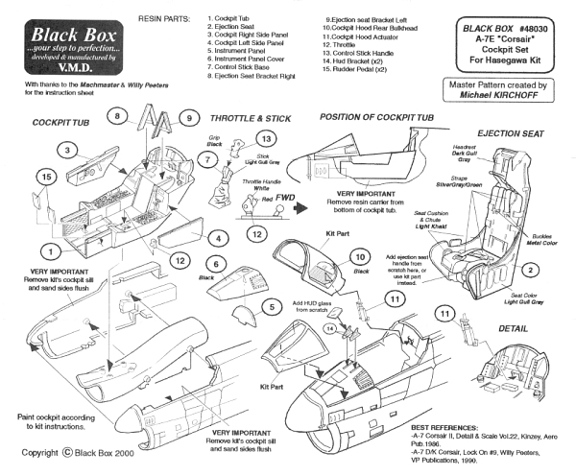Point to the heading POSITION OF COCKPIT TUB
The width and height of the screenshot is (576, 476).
[377, 115]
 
